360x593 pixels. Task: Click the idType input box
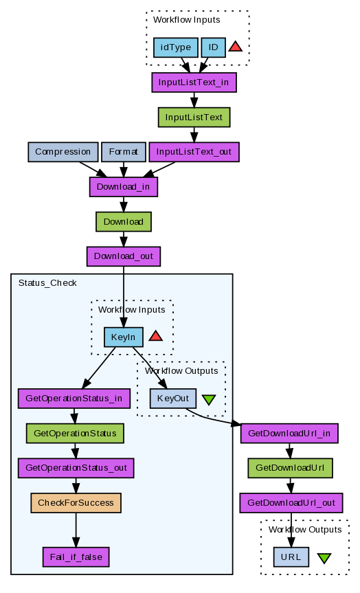tap(175, 47)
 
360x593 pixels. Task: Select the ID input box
tap(213, 47)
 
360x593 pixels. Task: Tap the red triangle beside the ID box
tap(235, 47)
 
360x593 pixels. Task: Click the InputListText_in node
tap(194, 82)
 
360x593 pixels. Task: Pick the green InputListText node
tap(194, 118)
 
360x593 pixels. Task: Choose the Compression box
tap(63, 152)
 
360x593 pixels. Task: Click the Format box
tap(123, 152)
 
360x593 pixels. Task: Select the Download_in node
tap(123, 187)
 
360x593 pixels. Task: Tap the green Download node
tap(123, 222)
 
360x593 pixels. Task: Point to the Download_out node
tap(123, 256)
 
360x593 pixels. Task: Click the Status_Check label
tap(47, 283)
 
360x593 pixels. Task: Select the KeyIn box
tap(123, 337)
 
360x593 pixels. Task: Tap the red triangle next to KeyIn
tap(156, 336)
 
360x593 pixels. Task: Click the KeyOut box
tap(173, 399)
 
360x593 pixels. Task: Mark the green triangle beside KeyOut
tap(209, 399)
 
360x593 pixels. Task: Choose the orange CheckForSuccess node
tap(76, 503)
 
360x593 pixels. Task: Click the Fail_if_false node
tap(76, 557)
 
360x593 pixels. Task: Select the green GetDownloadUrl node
tap(290, 468)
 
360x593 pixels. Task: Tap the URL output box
tap(291, 557)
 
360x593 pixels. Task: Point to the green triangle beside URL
tap(324, 558)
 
